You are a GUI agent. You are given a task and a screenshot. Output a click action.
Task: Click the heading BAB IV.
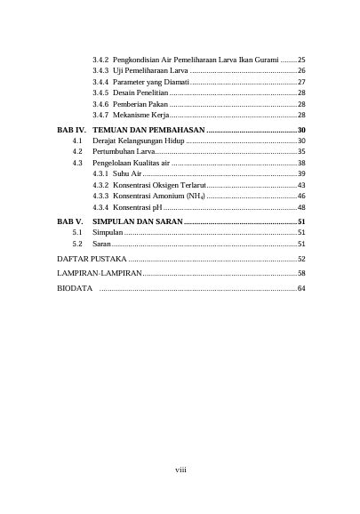point(71,130)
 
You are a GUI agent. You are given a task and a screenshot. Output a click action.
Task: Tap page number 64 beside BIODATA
point(301,289)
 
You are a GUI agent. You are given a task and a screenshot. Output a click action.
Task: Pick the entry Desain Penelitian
point(140,92)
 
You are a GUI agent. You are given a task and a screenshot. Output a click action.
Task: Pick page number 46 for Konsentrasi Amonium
point(301,196)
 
